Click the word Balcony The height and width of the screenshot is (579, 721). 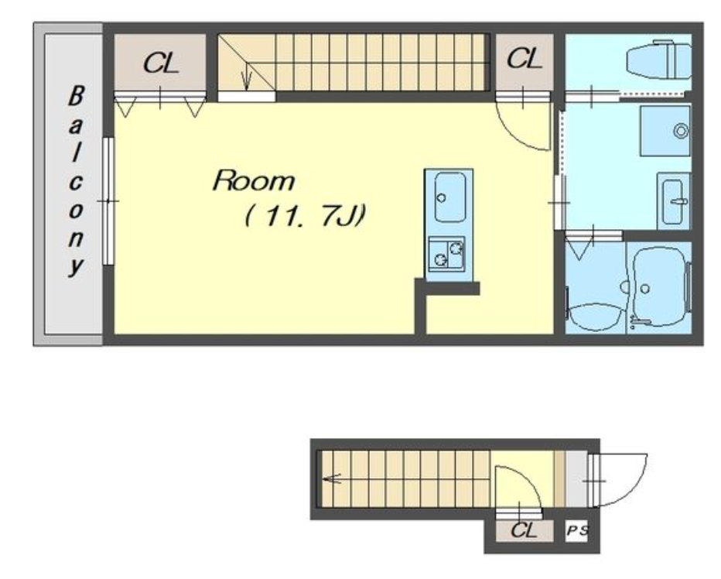(x=76, y=181)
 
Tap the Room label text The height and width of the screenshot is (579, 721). (x=254, y=180)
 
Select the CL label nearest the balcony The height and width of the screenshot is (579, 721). (x=160, y=63)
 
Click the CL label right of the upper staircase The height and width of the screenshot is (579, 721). (x=525, y=59)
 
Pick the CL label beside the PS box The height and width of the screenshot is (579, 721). (x=524, y=530)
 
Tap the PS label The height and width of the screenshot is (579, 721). (x=577, y=531)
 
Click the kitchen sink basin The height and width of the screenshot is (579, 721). (x=449, y=197)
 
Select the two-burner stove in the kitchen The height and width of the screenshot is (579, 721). (x=446, y=254)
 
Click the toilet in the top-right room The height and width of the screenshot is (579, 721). (x=658, y=60)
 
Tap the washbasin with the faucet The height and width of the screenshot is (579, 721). (x=674, y=201)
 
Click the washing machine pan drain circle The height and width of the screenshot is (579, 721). (x=681, y=131)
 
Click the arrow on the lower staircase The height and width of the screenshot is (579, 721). (x=332, y=478)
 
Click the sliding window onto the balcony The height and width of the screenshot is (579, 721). (x=108, y=201)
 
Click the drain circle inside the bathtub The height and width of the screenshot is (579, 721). (x=645, y=289)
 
